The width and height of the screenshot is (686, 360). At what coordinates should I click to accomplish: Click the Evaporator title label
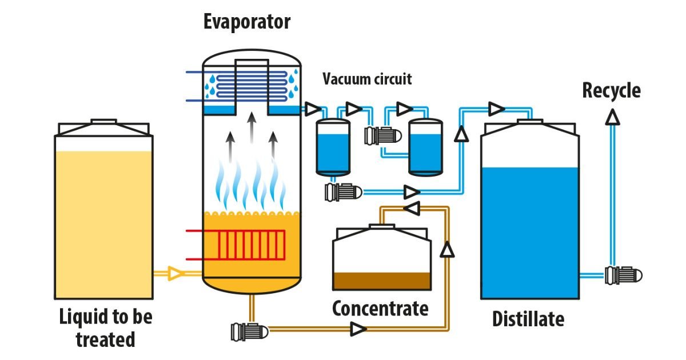click(247, 22)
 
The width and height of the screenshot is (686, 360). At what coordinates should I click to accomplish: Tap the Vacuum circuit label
click(367, 79)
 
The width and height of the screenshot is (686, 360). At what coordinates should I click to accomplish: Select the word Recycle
click(611, 90)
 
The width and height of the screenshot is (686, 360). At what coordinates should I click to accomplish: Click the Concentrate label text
click(380, 309)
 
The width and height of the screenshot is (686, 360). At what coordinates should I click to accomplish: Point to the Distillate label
click(528, 319)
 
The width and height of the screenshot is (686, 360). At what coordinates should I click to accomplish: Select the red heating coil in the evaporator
click(252, 244)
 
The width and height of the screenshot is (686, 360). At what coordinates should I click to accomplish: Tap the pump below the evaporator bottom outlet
click(249, 330)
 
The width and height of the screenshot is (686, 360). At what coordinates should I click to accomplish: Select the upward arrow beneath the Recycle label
click(612, 118)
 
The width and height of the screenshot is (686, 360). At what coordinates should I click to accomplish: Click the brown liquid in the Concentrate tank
click(382, 281)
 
